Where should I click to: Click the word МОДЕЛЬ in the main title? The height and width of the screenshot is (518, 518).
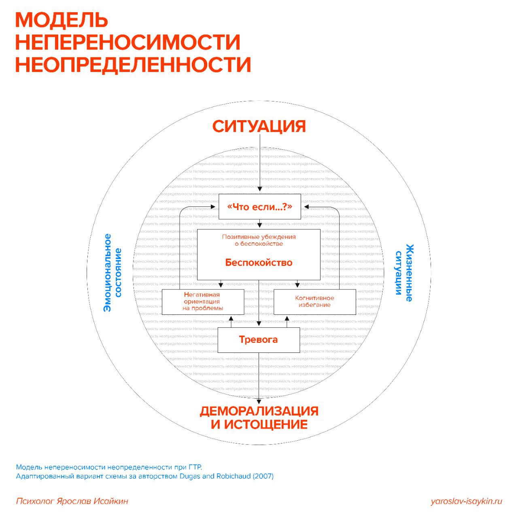[62, 19]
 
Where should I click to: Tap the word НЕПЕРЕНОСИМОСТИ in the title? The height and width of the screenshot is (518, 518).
[128, 42]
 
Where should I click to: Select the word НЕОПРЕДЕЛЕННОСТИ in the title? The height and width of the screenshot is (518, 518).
[133, 65]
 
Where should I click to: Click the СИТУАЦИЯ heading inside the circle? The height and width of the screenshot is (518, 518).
[259, 126]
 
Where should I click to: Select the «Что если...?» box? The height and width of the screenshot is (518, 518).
[259, 207]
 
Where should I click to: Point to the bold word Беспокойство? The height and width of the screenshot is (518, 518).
[259, 263]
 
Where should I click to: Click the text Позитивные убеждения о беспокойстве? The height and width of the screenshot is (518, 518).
[259, 240]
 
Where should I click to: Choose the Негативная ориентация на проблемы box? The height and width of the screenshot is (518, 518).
[202, 301]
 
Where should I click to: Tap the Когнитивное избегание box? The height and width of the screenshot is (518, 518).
[315, 301]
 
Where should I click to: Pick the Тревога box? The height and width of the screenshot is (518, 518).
[259, 340]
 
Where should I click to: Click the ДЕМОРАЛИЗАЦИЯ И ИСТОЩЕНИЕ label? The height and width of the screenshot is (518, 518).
[259, 418]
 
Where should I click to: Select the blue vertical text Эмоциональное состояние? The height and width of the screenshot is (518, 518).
[113, 272]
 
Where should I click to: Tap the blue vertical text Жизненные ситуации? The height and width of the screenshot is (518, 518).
[404, 273]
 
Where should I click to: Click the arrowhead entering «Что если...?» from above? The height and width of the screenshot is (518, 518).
[260, 189]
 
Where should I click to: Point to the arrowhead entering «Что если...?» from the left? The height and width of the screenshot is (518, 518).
[213, 207]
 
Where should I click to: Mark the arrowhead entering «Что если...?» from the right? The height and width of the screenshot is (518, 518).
[306, 207]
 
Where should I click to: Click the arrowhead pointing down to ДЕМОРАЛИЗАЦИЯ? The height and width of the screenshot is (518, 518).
[259, 401]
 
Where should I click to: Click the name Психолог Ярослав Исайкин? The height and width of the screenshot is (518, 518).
[72, 501]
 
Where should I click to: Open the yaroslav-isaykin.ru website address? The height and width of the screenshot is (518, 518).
[466, 501]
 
